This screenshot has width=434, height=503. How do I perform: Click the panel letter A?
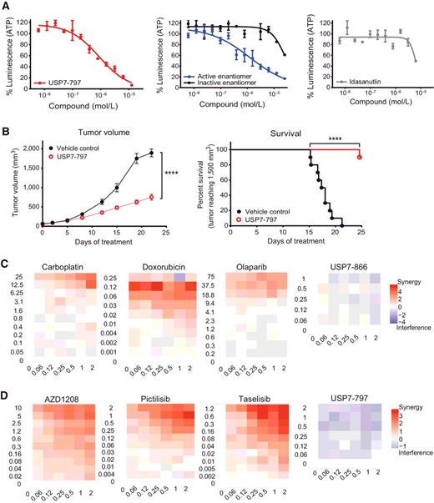7,7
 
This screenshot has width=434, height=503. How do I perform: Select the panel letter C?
7,264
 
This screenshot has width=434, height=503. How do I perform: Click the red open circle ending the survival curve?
360,157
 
